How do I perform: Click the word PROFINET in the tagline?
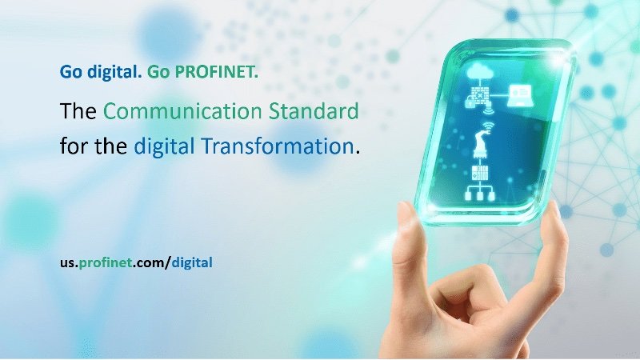(x=216, y=72)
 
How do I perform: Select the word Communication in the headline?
(x=182, y=111)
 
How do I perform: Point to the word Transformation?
(x=278, y=146)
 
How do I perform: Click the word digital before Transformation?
(x=164, y=146)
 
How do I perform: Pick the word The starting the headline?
(x=78, y=111)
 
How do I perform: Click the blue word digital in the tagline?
(x=114, y=72)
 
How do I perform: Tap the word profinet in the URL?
(x=106, y=262)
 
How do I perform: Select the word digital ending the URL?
(x=192, y=262)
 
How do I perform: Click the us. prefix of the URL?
(x=69, y=263)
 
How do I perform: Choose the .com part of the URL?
(x=149, y=263)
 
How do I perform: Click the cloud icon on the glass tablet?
(x=481, y=73)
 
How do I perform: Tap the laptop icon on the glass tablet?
(x=519, y=96)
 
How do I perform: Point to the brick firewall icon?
(x=481, y=95)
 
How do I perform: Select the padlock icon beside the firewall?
(x=470, y=104)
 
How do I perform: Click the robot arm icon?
(x=481, y=144)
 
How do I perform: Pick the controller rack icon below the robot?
(x=480, y=173)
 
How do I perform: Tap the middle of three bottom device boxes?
(x=480, y=196)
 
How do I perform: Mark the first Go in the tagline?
(x=71, y=72)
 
